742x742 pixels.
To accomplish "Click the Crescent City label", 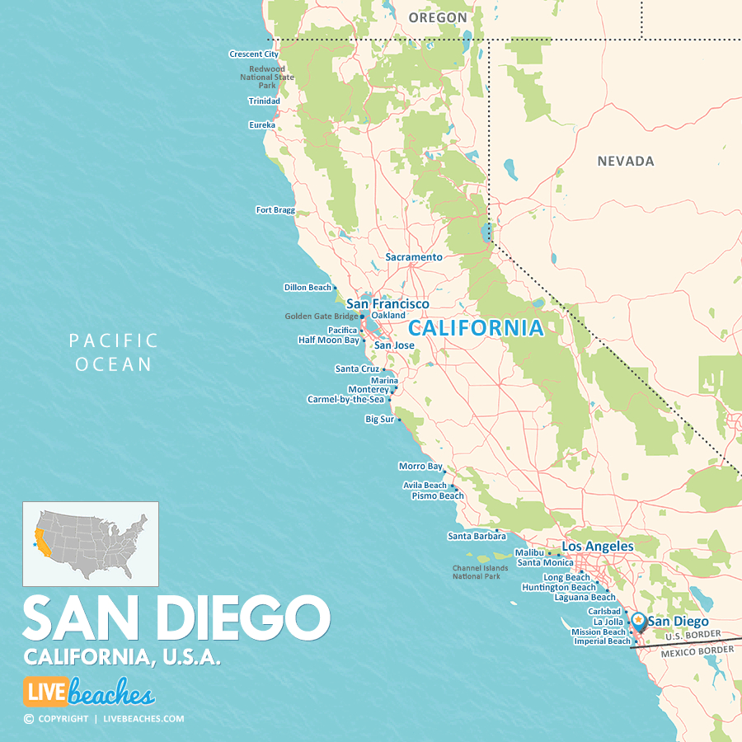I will click(253, 54).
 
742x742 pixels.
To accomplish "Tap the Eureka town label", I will click(261, 125).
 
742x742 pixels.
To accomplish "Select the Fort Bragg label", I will click(275, 210).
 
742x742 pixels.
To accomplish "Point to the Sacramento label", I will click(414, 257).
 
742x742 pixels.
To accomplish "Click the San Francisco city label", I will click(387, 304).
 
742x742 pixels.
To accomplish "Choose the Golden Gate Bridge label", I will click(322, 317).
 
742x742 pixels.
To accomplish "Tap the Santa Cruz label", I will click(357, 369).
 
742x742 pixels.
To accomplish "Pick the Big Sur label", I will click(380, 420).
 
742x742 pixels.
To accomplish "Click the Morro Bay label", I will click(420, 467).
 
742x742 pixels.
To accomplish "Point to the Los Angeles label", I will click(598, 547).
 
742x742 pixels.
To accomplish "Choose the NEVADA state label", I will click(626, 162).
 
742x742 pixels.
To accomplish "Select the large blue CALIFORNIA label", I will click(477, 328).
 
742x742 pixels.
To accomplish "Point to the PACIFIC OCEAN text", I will click(114, 352).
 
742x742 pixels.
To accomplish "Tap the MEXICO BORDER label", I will click(697, 650).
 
